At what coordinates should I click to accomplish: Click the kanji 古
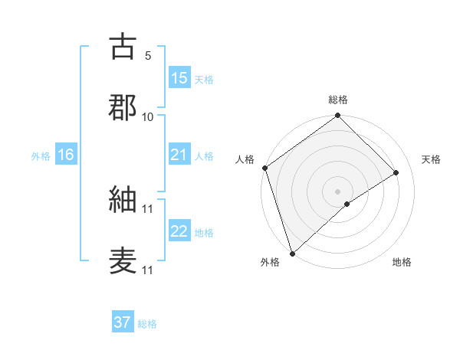pyautogui.click(x=123, y=47)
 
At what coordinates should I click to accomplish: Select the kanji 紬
pyautogui.click(x=123, y=201)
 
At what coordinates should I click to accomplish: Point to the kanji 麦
pyautogui.click(x=123, y=260)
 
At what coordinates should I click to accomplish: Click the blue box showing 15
pyautogui.click(x=179, y=77)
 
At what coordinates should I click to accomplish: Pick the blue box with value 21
pyautogui.click(x=179, y=155)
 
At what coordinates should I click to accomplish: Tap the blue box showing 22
pyautogui.click(x=179, y=231)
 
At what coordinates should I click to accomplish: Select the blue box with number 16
pyautogui.click(x=66, y=155)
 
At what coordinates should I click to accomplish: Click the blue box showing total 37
pyautogui.click(x=123, y=322)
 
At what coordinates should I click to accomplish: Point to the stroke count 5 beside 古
pyautogui.click(x=148, y=56)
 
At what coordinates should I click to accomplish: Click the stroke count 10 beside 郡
pyautogui.click(x=148, y=116)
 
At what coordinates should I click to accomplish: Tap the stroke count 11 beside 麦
pyautogui.click(x=148, y=270)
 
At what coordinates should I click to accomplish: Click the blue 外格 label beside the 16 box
pyautogui.click(x=41, y=155)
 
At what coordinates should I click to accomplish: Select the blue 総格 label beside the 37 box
pyautogui.click(x=147, y=323)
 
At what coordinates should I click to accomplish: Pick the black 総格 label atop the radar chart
pyautogui.click(x=338, y=100)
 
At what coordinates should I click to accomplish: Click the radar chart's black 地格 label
pyautogui.click(x=402, y=262)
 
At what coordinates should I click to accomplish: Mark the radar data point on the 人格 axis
pyautogui.click(x=264, y=168)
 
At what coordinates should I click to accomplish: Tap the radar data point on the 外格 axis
pyautogui.click(x=291, y=253)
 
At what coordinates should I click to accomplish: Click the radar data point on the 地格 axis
pyautogui.click(x=347, y=204)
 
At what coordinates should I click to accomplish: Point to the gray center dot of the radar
pyautogui.click(x=337, y=191)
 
